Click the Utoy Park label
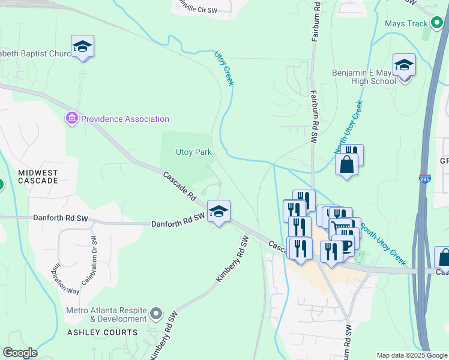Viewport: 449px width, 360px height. (x=193, y=152)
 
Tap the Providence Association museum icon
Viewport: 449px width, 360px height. (x=72, y=119)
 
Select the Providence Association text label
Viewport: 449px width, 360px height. (x=125, y=119)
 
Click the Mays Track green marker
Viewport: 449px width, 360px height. (x=438, y=24)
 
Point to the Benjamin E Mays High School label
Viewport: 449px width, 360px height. (x=364, y=77)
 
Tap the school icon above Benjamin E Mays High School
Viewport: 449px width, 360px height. (x=404, y=65)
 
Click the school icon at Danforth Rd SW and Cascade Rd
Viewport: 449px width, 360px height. (x=219, y=211)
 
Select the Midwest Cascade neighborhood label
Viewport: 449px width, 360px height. (x=38, y=176)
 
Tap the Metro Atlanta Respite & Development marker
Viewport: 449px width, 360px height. (x=157, y=313)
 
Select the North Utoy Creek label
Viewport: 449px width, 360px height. (x=349, y=127)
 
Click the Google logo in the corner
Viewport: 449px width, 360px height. (x=20, y=353)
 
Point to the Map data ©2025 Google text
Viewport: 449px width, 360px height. (x=411, y=355)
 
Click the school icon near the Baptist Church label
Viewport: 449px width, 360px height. (x=82, y=46)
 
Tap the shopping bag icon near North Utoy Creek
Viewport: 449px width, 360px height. (x=347, y=164)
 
